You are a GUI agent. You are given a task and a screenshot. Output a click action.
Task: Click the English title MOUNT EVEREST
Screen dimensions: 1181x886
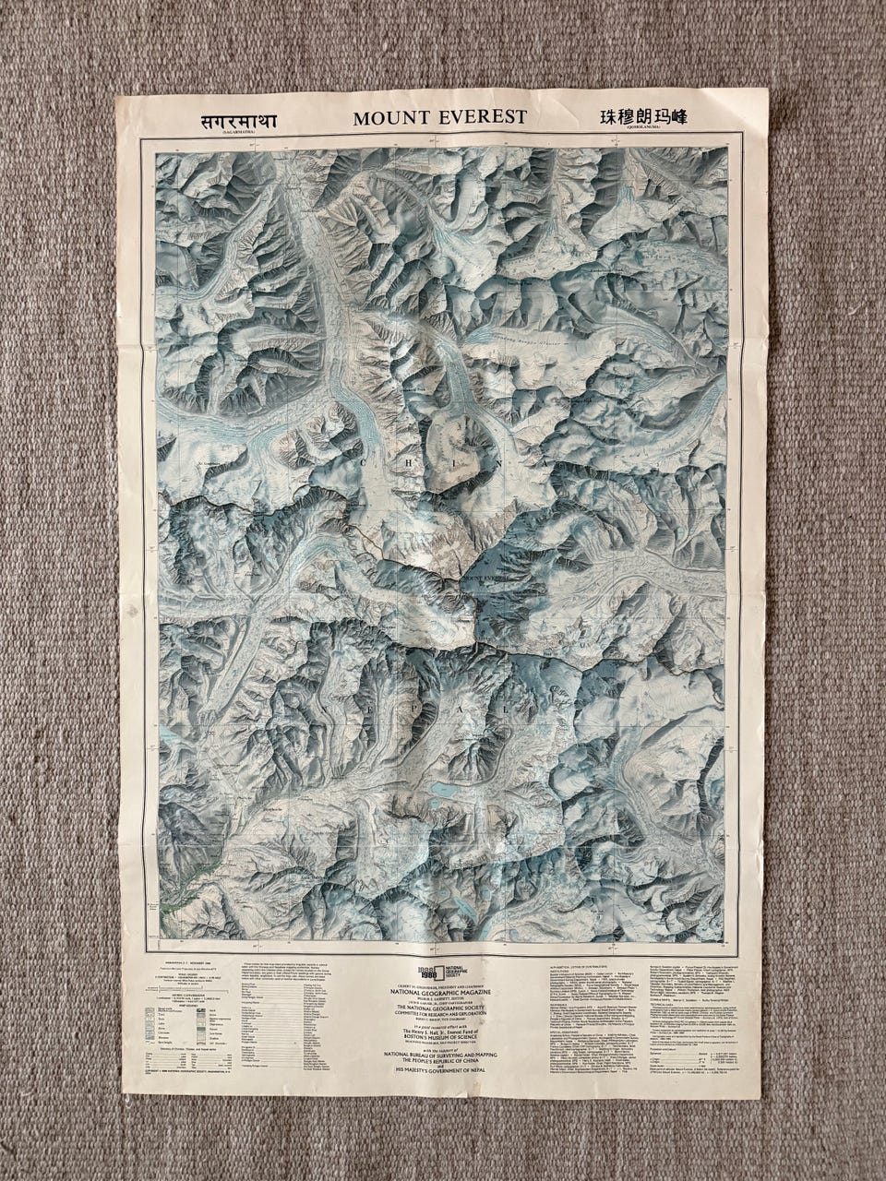coord(439,117)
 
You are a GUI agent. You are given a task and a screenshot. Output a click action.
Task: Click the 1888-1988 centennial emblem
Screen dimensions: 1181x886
coord(408,971)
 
